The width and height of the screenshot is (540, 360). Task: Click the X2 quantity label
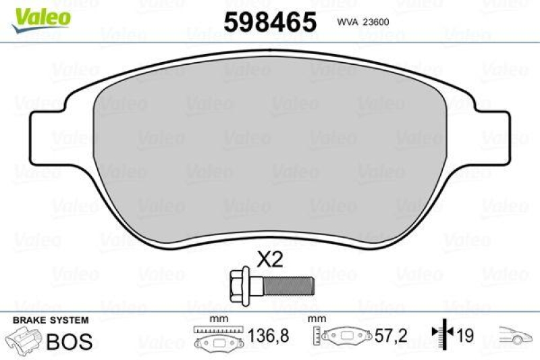pos(270,260)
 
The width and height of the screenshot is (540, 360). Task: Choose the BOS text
pos(68,342)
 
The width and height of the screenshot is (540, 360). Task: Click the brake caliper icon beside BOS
pos(22,340)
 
